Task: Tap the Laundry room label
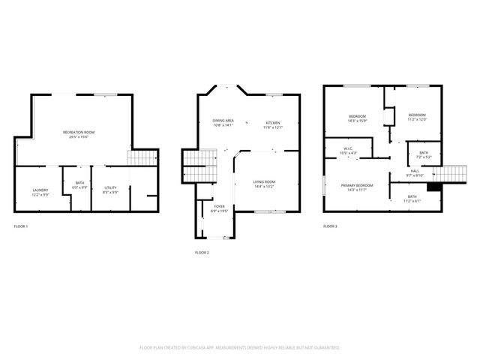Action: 40,190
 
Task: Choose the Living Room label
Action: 263,183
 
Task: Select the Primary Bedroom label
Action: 357,187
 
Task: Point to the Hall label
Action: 415,172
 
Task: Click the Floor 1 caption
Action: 21,226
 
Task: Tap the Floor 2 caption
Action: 202,253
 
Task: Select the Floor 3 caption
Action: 330,226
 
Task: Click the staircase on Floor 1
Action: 143,159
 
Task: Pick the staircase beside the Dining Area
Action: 194,164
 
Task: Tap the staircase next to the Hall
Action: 448,175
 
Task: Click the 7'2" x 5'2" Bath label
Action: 424,155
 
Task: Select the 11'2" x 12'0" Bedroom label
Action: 416,117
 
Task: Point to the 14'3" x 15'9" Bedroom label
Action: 357,118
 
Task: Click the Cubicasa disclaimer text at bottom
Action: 240,348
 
